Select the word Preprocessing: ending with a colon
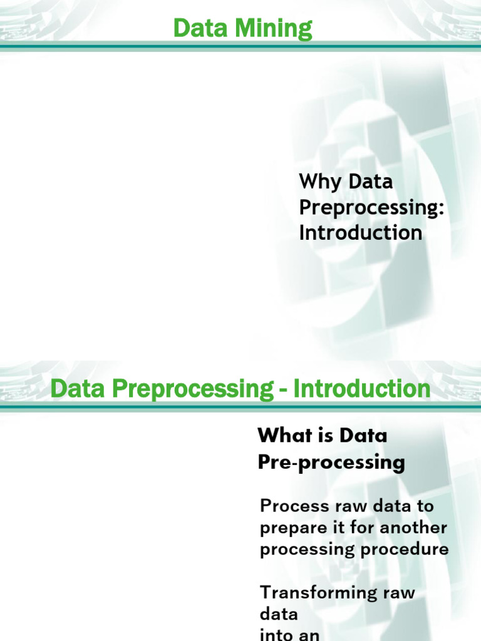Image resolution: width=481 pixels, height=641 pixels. [x=371, y=208]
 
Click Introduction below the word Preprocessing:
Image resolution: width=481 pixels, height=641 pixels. [x=360, y=233]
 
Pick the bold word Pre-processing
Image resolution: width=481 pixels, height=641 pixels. [x=331, y=463]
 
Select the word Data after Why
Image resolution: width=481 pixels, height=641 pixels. [x=371, y=182]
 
